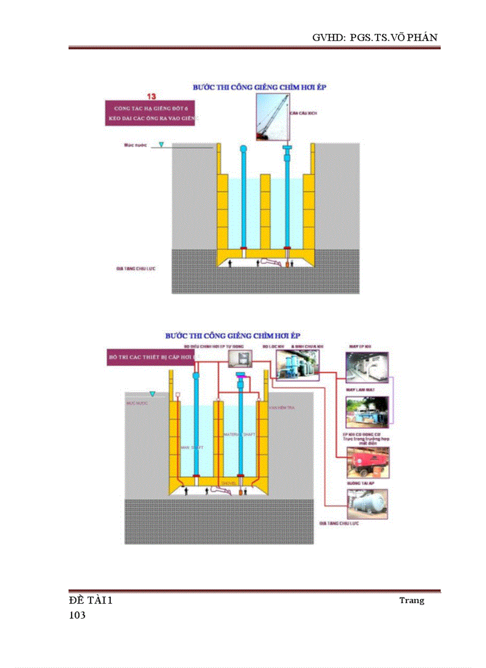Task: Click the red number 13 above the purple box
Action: (x=151, y=96)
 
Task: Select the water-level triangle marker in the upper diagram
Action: (x=161, y=145)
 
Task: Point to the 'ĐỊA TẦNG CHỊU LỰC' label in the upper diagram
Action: (x=136, y=269)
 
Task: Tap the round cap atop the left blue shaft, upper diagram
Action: (x=243, y=149)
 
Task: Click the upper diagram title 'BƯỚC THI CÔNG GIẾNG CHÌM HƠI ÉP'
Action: (x=259, y=87)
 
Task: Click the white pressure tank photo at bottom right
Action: (x=367, y=504)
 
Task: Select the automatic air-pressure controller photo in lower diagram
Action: (x=241, y=358)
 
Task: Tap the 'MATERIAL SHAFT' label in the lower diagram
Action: (x=239, y=435)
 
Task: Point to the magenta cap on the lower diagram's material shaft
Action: (x=241, y=375)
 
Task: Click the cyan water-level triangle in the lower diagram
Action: (x=152, y=394)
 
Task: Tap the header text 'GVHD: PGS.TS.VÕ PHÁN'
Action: (x=375, y=37)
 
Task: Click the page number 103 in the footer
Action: (x=77, y=616)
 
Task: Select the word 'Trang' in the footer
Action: (x=412, y=600)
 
